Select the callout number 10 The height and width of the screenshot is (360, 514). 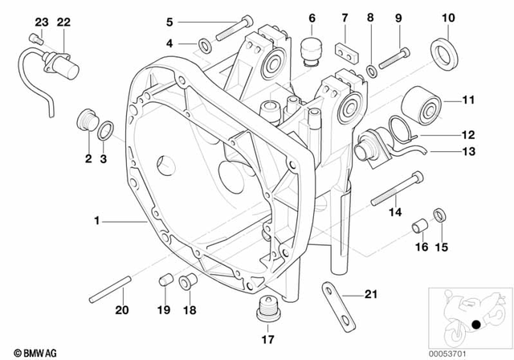click(x=448, y=17)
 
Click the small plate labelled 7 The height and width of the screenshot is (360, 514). click(x=347, y=51)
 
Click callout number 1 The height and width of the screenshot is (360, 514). click(x=96, y=219)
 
